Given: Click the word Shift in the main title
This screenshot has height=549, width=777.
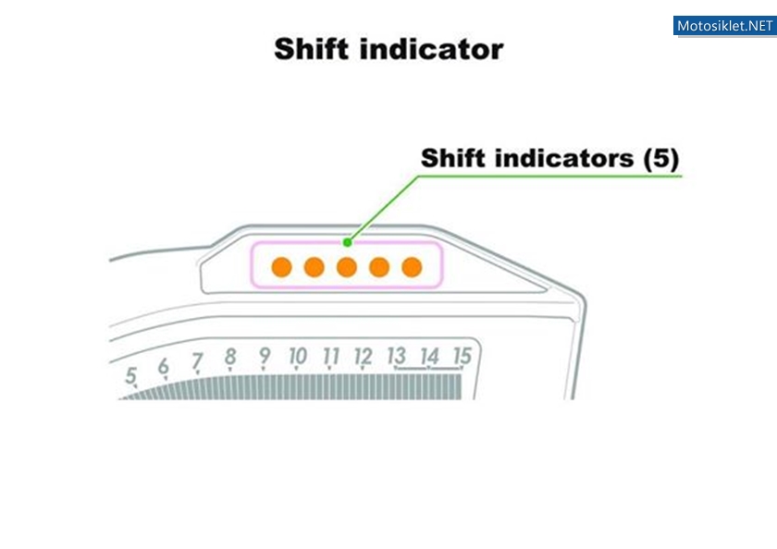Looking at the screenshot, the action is coord(311,49).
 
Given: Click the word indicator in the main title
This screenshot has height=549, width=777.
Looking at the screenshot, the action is coord(432,49).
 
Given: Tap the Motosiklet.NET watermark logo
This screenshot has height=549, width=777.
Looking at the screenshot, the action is coord(724,26).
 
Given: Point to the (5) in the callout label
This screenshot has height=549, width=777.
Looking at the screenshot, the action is coord(661,159).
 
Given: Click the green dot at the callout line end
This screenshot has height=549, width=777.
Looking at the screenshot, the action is coord(348,242).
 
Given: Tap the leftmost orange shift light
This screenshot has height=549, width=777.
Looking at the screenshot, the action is coord(281,267).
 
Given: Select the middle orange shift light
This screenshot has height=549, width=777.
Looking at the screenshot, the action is coord(346,267).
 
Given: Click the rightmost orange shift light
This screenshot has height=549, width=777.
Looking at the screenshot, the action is coord(412,267).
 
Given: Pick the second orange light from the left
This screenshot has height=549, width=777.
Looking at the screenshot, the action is coord(314,267).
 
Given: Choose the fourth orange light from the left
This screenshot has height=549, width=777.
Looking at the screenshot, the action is coord(379,267).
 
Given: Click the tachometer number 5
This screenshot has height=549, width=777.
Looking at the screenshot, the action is coord(130,375).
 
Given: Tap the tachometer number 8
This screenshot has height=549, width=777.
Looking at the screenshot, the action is coord(230,356).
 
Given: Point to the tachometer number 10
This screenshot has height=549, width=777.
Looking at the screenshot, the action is coord(298,356).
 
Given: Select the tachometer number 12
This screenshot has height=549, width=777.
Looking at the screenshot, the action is coord(364,357).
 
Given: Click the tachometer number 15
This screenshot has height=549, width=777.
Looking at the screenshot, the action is coord(462,356).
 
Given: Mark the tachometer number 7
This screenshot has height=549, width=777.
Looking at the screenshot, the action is coord(197,360).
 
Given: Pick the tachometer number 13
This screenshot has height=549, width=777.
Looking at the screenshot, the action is coord(397,356).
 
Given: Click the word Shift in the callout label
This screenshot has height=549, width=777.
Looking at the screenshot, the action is coord(453,158).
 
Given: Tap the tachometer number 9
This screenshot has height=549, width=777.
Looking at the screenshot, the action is coord(265,356).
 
